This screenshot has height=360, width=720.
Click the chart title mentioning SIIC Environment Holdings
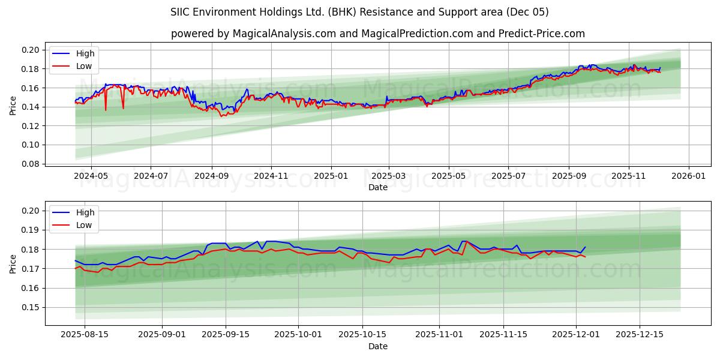(359, 12)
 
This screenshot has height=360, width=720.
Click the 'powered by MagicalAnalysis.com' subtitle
(377, 34)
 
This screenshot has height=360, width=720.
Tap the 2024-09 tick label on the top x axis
(212, 177)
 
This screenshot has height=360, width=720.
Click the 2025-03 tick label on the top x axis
(389, 177)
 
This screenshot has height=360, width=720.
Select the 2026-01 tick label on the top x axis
(688, 177)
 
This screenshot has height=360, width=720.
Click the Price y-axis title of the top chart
(13, 106)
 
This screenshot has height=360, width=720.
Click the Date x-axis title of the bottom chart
(377, 346)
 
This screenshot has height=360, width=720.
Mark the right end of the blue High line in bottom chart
(585, 247)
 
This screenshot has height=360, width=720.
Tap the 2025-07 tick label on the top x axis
(508, 177)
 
